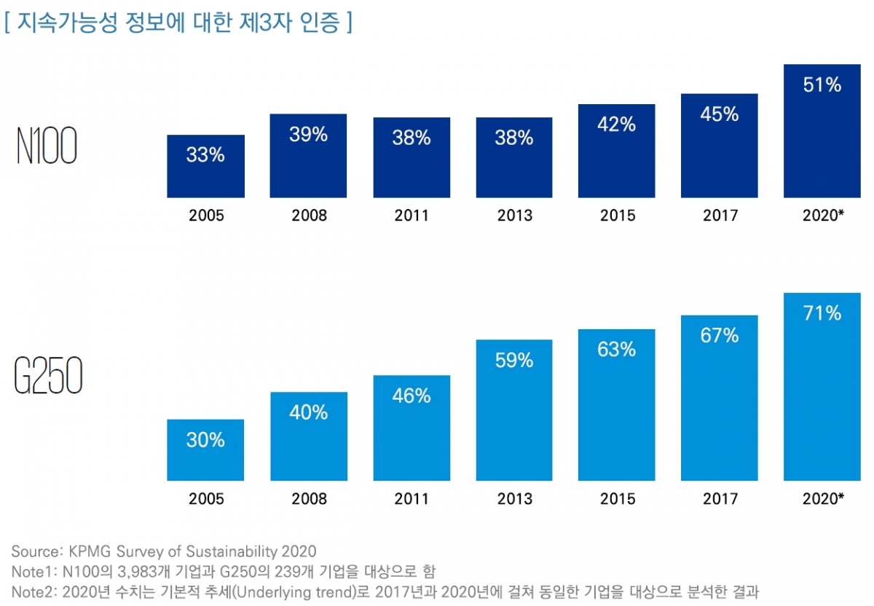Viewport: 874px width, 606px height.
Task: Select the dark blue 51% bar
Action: (822, 131)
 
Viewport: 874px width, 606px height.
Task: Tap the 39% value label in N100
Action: (308, 135)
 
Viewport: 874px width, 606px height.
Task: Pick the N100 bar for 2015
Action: (617, 151)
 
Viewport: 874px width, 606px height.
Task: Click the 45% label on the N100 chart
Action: (720, 114)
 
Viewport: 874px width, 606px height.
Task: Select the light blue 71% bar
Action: (822, 387)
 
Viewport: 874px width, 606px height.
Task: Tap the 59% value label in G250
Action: (514, 361)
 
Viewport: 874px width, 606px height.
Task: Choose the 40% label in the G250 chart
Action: (308, 413)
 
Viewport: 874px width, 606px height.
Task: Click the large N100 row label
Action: (47, 148)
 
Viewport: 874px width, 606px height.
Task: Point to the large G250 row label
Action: (48, 377)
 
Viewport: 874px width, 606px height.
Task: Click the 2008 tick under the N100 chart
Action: (309, 216)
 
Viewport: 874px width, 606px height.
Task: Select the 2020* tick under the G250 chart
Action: (823, 500)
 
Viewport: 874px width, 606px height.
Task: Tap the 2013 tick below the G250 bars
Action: (515, 500)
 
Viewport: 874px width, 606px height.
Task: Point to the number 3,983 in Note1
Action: (132, 571)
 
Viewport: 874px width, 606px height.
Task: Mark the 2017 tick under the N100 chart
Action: (720, 216)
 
